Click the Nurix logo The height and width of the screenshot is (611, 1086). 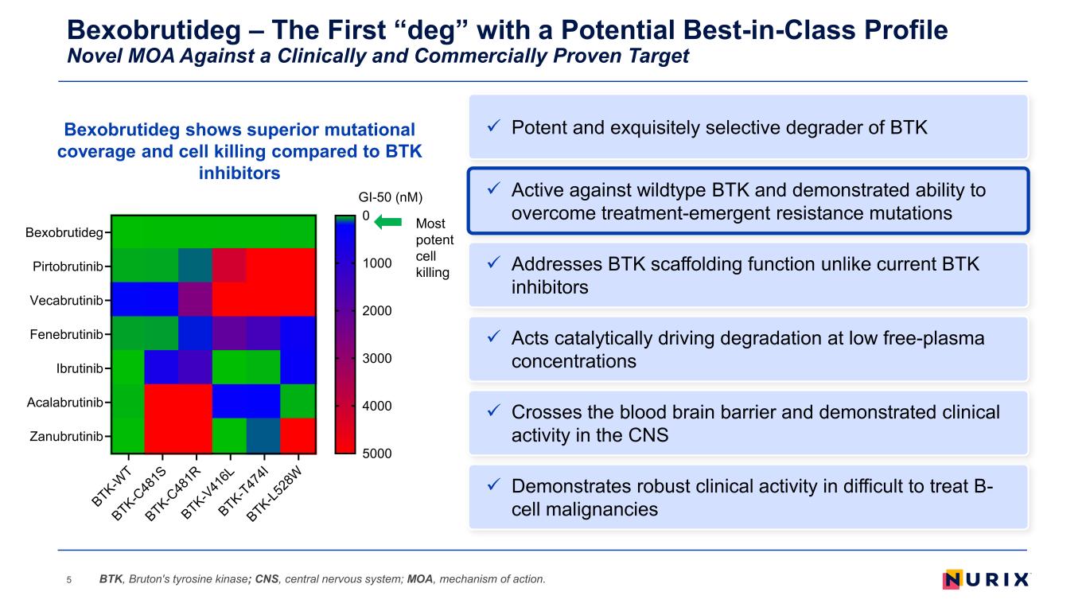tap(987, 579)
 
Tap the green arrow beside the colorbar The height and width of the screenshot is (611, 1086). tap(388, 222)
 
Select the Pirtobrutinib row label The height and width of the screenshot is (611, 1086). tap(68, 267)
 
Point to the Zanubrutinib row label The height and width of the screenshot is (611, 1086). tap(66, 436)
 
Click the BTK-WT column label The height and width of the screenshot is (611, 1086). tap(111, 486)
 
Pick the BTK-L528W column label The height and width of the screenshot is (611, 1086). tap(274, 493)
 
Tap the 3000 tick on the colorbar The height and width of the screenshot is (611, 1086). tap(376, 358)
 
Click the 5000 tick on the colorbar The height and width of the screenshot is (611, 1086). tap(376, 453)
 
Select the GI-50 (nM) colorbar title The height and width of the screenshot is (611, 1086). tap(391, 197)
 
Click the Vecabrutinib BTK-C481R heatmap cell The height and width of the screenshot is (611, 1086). tap(196, 299)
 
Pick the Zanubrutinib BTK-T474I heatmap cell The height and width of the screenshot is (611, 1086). tap(264, 435)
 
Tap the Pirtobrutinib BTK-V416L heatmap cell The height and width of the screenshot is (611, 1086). tap(230, 265)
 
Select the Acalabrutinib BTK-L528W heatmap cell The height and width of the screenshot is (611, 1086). tap(298, 401)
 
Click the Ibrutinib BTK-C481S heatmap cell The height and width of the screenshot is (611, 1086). tap(162, 367)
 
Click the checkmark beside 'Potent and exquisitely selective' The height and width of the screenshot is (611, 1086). tap(493, 126)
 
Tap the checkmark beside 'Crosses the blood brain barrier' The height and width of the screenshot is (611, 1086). tap(493, 411)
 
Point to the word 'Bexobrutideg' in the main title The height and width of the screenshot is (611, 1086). tap(154, 30)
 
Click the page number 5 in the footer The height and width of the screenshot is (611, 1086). tap(69, 579)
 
